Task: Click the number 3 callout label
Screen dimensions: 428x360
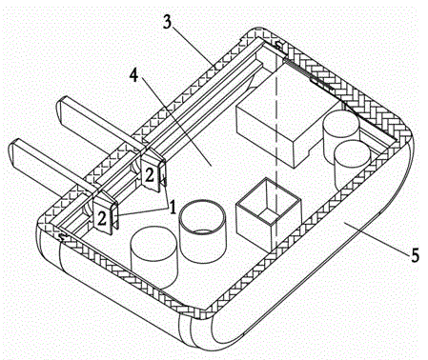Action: pyautogui.click(x=167, y=23)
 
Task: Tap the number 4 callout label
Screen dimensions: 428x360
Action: pyautogui.click(x=134, y=75)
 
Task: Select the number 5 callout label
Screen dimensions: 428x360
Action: pyautogui.click(x=415, y=255)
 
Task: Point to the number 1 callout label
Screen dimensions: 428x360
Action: pyautogui.click(x=173, y=208)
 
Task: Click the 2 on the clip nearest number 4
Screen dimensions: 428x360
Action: pyautogui.click(x=149, y=175)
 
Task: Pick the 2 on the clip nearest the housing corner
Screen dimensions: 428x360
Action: pyautogui.click(x=102, y=218)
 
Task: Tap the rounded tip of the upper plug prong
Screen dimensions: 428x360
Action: pyautogui.click(x=59, y=108)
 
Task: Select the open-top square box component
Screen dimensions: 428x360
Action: pyautogui.click(x=268, y=211)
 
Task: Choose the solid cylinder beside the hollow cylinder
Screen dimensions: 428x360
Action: pyautogui.click(x=154, y=257)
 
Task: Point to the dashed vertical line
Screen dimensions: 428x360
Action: pyautogui.click(x=276, y=159)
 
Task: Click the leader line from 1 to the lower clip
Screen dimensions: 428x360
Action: pyautogui.click(x=143, y=211)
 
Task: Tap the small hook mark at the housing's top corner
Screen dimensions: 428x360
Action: pyautogui.click(x=278, y=45)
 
